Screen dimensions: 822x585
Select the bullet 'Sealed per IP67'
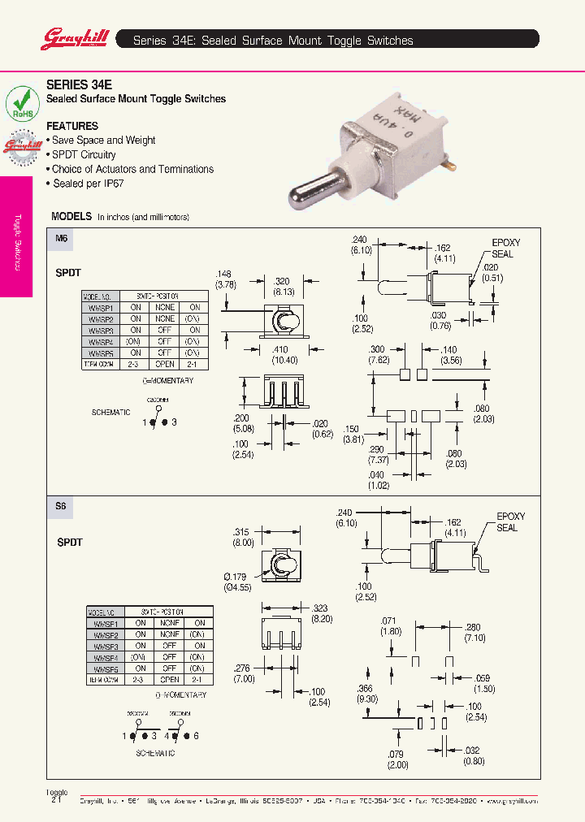coord(88,184)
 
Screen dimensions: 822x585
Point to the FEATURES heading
coord(72,126)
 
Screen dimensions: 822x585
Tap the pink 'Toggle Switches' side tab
coord(16,236)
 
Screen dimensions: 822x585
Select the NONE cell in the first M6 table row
coord(165,308)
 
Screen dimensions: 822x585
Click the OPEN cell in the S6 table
coord(169,679)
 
